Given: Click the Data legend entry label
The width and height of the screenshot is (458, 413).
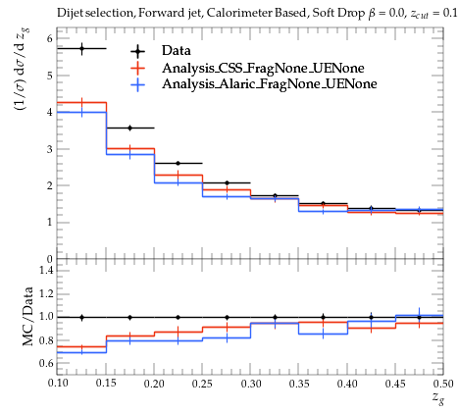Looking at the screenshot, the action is [177, 51].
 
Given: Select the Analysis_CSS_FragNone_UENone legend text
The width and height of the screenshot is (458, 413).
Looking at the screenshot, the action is [263, 68].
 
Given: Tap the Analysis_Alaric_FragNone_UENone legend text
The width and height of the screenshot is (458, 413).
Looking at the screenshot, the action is [270, 84].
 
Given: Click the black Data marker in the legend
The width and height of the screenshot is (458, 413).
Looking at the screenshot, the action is [137, 51].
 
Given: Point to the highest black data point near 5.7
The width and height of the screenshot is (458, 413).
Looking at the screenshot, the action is [81, 48].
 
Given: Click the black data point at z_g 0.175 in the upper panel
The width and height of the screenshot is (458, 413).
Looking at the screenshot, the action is [129, 128].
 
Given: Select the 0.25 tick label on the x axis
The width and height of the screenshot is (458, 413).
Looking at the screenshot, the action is [202, 384].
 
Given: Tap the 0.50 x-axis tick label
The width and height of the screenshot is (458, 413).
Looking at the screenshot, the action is [443, 384].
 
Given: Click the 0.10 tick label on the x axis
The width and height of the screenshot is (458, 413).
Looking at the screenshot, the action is [58, 384].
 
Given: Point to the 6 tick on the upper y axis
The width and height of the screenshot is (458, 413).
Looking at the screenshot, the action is [49, 39].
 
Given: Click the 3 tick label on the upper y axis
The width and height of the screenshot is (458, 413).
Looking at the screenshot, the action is [49, 149].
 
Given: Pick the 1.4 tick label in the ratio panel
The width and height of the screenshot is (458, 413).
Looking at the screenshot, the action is [46, 270].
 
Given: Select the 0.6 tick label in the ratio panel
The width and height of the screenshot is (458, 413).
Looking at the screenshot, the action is [46, 363].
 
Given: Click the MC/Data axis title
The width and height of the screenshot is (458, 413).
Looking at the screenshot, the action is [28, 316].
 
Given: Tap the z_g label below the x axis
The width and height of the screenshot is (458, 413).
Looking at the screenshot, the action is [438, 398].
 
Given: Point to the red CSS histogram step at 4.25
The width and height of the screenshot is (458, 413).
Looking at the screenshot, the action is [81, 102].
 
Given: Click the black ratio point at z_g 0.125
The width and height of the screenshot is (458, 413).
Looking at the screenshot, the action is [81, 317].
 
